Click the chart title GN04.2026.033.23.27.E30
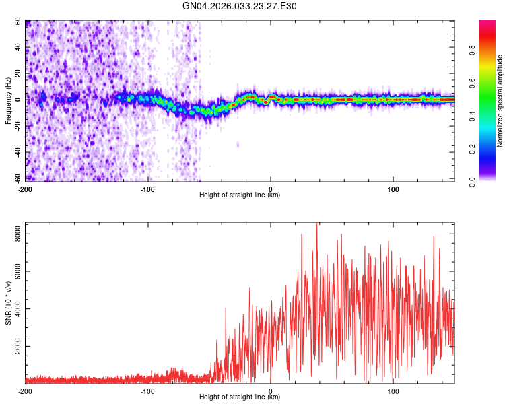[240, 6]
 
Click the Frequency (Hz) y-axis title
[8, 101]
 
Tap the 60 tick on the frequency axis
[19, 22]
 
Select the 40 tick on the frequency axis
[19, 48]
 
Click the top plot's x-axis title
[240, 195]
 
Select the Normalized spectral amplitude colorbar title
[500, 101]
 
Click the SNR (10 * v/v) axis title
[8, 302]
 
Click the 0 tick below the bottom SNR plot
[271, 391]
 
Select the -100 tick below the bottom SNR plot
[148, 391]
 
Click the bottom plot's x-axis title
[240, 397]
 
